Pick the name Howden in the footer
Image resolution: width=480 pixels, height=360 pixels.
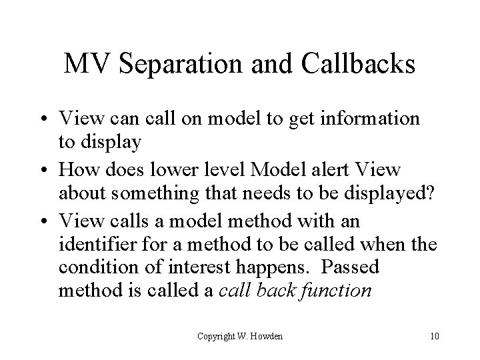(267, 335)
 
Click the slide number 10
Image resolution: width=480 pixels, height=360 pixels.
(435, 335)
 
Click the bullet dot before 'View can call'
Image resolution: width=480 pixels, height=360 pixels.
(49, 119)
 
